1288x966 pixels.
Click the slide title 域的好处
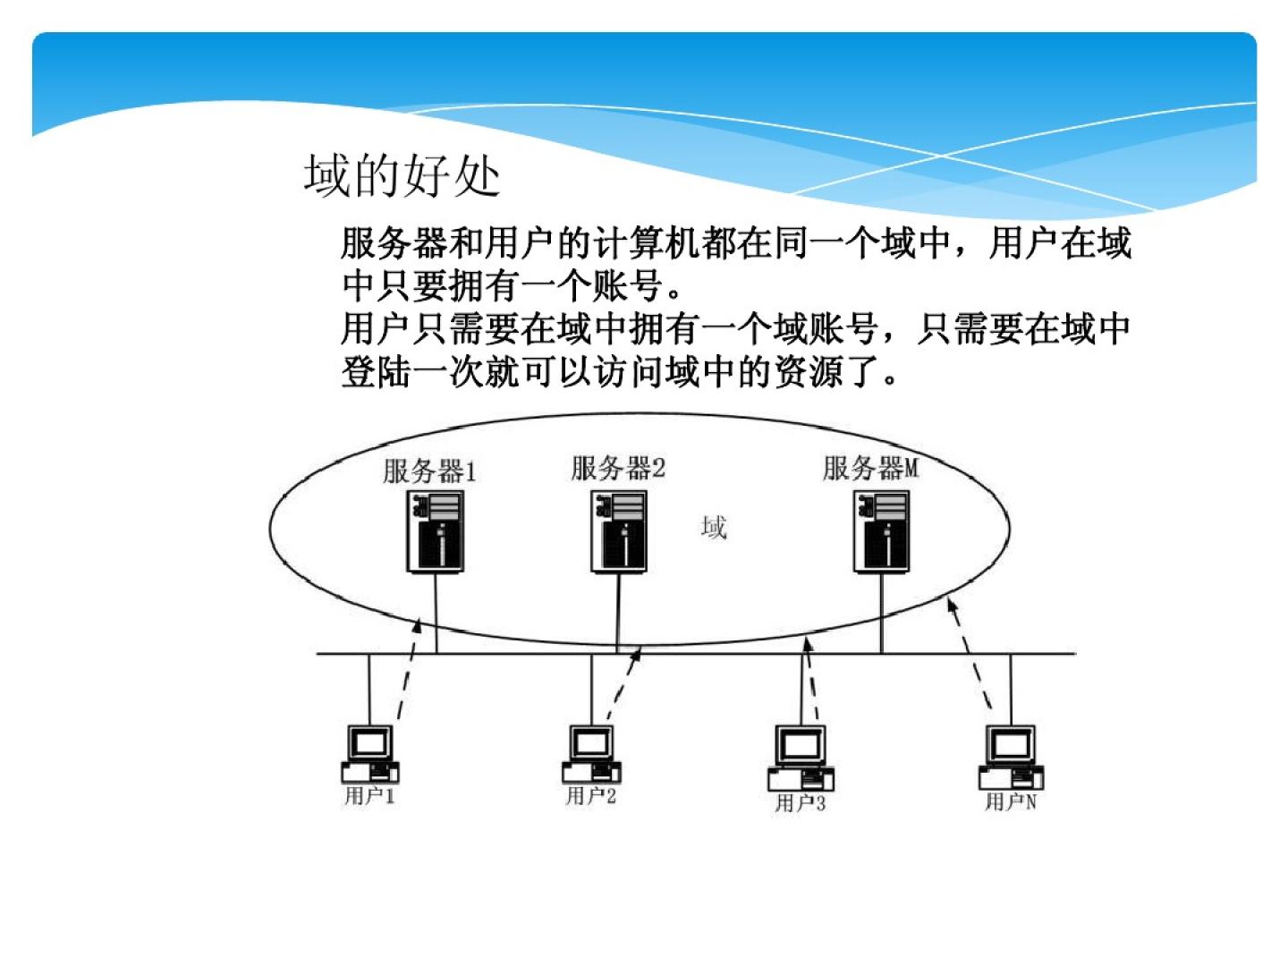point(402,175)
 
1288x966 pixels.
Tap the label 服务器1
point(429,470)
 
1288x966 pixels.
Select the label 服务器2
point(618,468)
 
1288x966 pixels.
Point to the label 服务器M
point(870,468)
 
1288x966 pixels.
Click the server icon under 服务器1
point(436,532)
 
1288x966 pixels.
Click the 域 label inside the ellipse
point(714,528)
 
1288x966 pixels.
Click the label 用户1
point(369,796)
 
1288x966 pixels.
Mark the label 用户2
point(591,796)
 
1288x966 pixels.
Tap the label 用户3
point(801,803)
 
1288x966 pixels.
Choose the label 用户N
point(1011,802)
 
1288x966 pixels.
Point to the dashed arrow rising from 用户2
point(623,684)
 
